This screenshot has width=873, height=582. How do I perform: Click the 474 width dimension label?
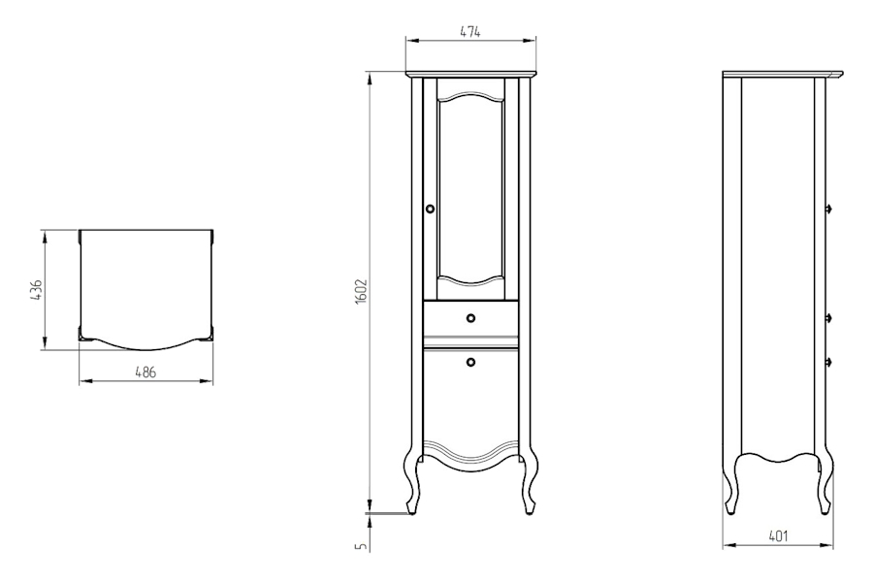click(x=469, y=32)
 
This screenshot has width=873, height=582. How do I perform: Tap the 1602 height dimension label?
click(x=361, y=291)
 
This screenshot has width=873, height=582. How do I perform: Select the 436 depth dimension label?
click(x=36, y=290)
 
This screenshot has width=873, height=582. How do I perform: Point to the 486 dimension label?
click(x=145, y=372)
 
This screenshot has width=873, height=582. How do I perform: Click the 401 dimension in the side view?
click(x=778, y=536)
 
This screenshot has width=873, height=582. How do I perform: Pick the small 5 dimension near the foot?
click(x=362, y=546)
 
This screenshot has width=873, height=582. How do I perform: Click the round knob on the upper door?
click(x=430, y=209)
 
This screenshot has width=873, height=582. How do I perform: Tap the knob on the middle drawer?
click(x=471, y=318)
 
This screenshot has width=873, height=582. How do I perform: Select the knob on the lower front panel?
click(x=471, y=362)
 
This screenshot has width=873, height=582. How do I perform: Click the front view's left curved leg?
click(x=412, y=479)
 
